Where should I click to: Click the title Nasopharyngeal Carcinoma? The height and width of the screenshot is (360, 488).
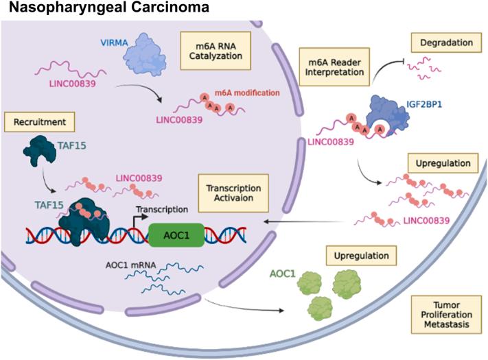tap(97, 9)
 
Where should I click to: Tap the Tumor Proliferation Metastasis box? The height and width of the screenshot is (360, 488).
tap(444, 313)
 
